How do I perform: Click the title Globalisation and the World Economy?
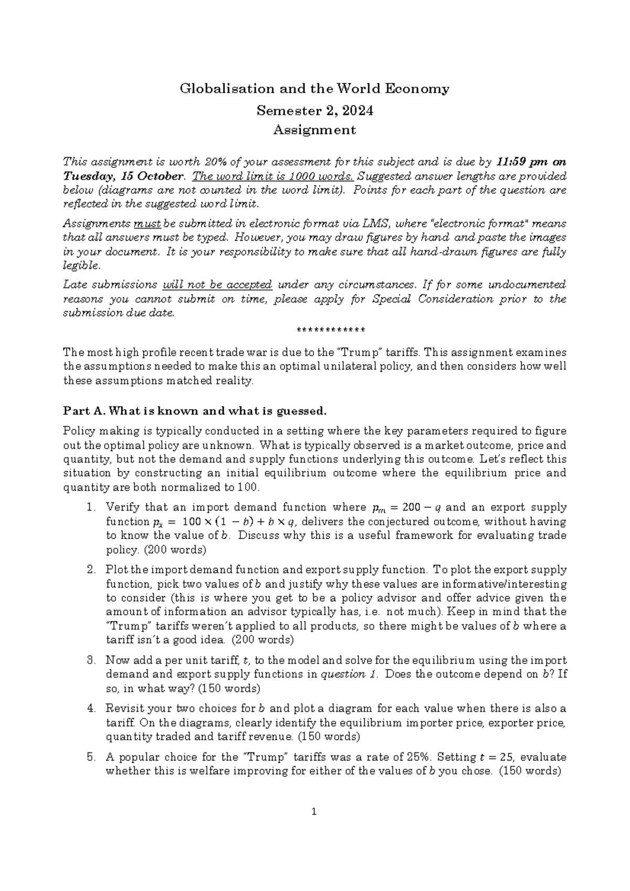tap(315, 89)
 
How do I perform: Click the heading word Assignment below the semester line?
tap(315, 130)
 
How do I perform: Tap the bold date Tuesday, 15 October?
tap(123, 175)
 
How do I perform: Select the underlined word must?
tap(148, 223)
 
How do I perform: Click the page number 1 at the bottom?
tap(314, 827)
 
